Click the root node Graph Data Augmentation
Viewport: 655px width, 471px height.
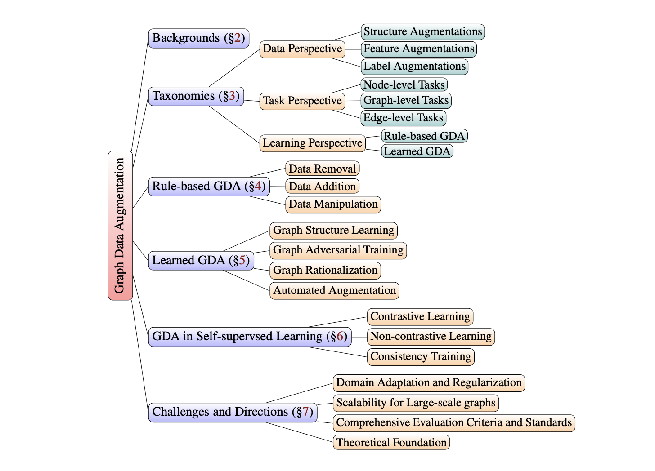pyautogui.click(x=120, y=225)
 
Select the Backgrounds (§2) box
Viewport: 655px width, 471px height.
pyautogui.click(x=198, y=38)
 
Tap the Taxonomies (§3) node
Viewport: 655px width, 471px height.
pyautogui.click(x=196, y=96)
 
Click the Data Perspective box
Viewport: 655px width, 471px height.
pyautogui.click(x=302, y=49)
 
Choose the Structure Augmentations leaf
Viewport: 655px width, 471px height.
pyautogui.click(x=422, y=32)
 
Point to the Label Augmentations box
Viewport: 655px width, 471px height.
pyautogui.click(x=414, y=67)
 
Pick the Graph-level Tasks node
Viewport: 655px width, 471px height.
pyautogui.click(x=406, y=101)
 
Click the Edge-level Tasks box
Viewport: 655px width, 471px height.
pyautogui.click(x=403, y=118)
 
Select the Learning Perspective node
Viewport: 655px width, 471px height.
pyautogui.click(x=312, y=143)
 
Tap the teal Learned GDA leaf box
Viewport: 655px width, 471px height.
pyautogui.click(x=417, y=151)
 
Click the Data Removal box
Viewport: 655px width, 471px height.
pyautogui.click(x=322, y=169)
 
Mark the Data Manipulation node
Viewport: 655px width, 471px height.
pyautogui.click(x=333, y=204)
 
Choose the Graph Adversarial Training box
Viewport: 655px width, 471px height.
pyautogui.click(x=338, y=250)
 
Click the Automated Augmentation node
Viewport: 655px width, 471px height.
pyautogui.click(x=334, y=291)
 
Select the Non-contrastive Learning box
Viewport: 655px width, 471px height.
pyautogui.click(x=431, y=337)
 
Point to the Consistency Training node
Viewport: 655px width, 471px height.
pyautogui.click(x=421, y=357)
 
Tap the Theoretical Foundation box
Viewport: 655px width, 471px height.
pyautogui.click(x=391, y=443)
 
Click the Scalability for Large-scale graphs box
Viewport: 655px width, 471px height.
pyautogui.click(x=416, y=403)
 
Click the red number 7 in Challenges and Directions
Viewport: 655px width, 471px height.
pyautogui.click(x=305, y=412)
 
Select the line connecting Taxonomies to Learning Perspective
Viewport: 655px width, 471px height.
pyautogui.click(x=234, y=124)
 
